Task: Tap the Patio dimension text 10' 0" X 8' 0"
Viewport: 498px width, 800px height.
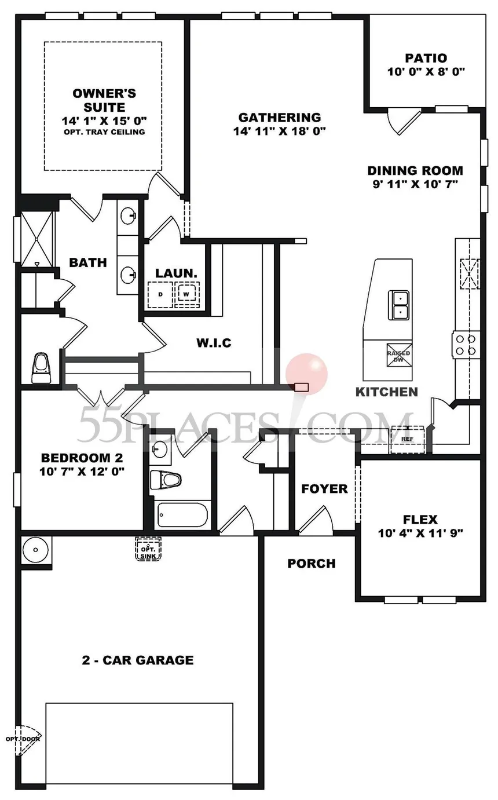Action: (426, 72)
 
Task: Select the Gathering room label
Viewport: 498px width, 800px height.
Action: (279, 118)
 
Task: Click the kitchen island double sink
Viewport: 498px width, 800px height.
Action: (400, 305)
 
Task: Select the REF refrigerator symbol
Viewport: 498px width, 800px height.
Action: (408, 439)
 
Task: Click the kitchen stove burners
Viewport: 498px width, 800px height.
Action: (466, 345)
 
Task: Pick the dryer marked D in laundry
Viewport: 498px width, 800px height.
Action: (160, 294)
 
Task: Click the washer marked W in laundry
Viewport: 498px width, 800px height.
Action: (186, 294)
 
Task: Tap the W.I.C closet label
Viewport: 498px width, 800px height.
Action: (214, 343)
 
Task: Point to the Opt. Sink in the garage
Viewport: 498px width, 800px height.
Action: (148, 549)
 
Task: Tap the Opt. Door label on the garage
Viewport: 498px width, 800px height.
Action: (20, 739)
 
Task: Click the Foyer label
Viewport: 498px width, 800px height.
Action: (324, 489)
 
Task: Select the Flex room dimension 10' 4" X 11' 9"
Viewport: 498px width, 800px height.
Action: (421, 533)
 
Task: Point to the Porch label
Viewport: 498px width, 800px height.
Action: (312, 563)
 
